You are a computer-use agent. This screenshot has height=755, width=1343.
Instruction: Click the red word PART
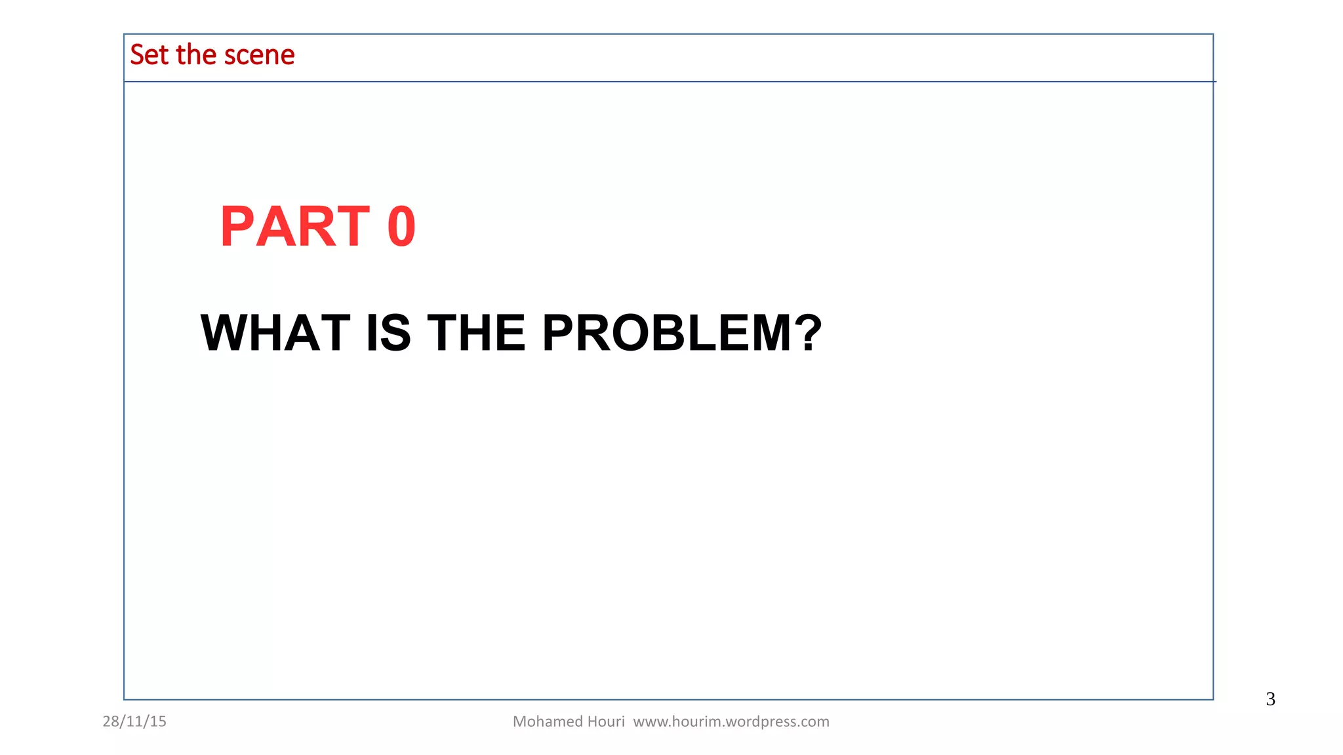pyautogui.click(x=295, y=227)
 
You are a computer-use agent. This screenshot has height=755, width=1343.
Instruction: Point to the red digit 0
pyautogui.click(x=401, y=227)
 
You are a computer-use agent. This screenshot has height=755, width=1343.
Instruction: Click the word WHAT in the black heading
pyautogui.click(x=275, y=333)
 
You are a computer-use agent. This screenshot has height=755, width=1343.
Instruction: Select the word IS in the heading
pyautogui.click(x=388, y=333)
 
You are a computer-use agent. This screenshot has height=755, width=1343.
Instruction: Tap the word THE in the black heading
pyautogui.click(x=477, y=333)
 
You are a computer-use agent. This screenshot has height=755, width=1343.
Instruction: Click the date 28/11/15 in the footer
pyautogui.click(x=134, y=722)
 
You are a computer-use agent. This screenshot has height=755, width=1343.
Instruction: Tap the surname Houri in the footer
pyautogui.click(x=607, y=722)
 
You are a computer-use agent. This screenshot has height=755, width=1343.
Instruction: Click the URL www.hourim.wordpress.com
pyautogui.click(x=731, y=722)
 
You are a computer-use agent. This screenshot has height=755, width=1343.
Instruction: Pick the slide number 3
pyautogui.click(x=1270, y=699)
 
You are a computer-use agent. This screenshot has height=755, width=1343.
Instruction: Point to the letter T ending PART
pyautogui.click(x=351, y=227)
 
